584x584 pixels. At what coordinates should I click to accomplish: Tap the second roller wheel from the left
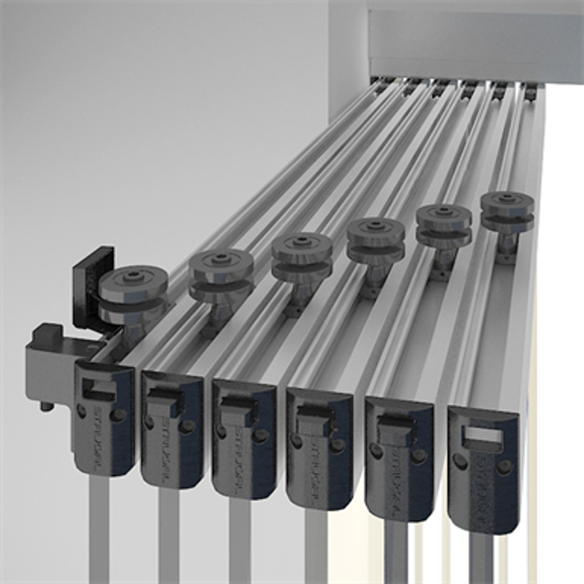click(221, 275)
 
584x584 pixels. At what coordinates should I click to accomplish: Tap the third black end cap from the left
click(244, 437)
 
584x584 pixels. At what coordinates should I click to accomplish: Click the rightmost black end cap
click(484, 468)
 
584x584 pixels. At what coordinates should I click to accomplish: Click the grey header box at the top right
click(476, 39)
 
